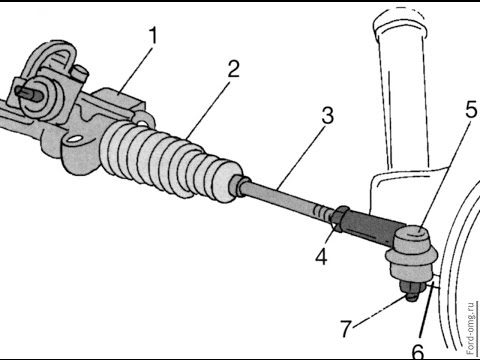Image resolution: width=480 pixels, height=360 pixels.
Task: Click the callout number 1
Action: click(153, 36)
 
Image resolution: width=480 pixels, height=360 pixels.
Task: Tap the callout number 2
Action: click(233, 69)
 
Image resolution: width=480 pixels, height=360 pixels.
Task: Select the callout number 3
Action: click(328, 116)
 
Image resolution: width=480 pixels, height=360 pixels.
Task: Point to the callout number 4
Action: click(321, 257)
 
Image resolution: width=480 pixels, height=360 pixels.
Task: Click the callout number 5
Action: click(471, 109)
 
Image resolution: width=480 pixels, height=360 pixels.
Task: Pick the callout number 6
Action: click(418, 351)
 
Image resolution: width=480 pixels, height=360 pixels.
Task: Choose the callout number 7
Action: click(346, 328)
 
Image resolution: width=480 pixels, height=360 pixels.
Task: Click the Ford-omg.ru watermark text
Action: click(470, 328)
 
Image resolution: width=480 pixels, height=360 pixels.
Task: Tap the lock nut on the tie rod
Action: click(339, 218)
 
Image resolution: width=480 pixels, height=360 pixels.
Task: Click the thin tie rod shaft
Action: click(287, 200)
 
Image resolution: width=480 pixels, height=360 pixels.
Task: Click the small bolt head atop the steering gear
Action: click(80, 73)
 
